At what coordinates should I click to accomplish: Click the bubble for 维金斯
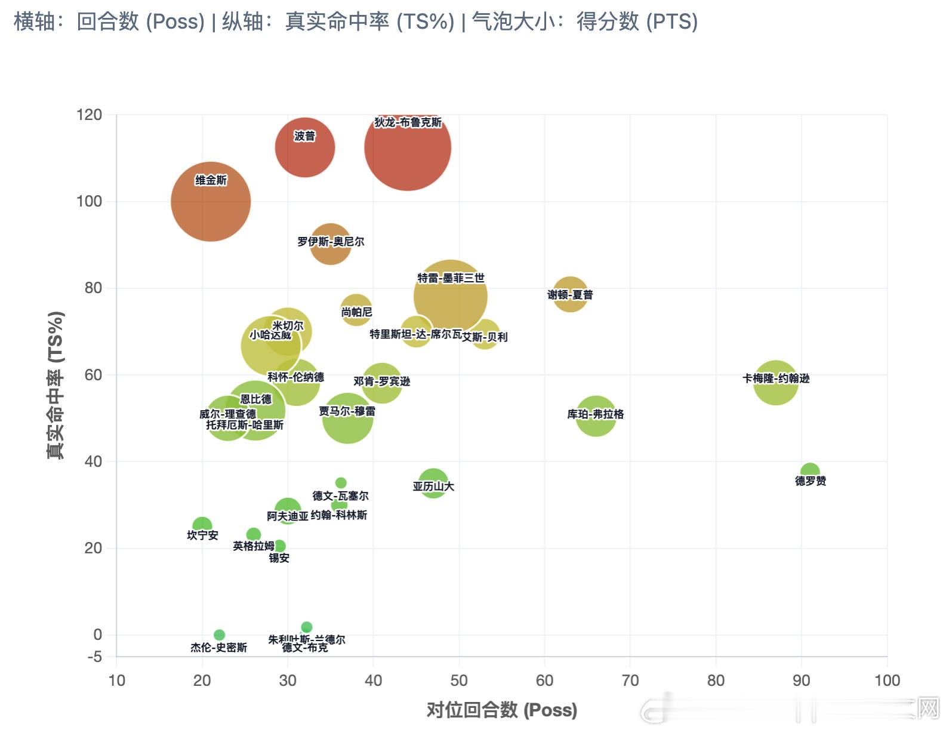pos(211,202)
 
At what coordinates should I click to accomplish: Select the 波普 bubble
pos(305,147)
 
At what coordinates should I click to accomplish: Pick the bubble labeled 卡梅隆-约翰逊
pos(775,383)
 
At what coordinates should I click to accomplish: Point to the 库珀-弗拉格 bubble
pos(596,416)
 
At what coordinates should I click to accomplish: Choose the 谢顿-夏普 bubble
pos(570,294)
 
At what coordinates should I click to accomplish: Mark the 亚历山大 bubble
pos(433,483)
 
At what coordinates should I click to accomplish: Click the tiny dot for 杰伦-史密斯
pos(219,635)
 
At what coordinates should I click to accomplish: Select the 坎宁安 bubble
pos(202,526)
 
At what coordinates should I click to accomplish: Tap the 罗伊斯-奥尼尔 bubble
pos(330,244)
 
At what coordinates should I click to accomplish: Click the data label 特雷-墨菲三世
pos(451,278)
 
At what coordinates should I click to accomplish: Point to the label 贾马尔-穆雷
pos(347,411)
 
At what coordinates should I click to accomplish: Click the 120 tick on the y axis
pos(90,115)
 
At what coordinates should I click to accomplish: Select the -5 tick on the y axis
pos(94,657)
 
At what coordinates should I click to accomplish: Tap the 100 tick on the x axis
pos(887,680)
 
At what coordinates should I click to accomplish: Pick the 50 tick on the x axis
pos(459,680)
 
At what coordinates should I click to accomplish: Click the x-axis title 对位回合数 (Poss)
pos(501,710)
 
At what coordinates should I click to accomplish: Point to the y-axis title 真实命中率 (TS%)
pos(56,385)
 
